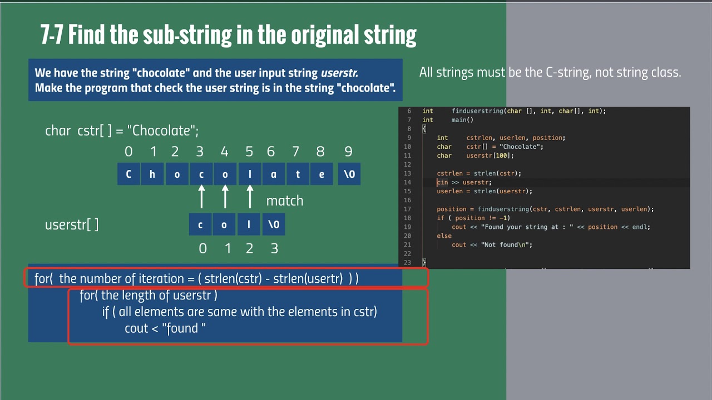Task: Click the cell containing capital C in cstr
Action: [128, 174]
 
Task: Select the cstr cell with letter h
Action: [152, 174]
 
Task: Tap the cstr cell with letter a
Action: [273, 174]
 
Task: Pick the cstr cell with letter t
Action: [298, 174]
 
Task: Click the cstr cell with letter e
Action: [322, 174]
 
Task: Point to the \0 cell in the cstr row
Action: [349, 174]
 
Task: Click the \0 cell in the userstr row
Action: [274, 224]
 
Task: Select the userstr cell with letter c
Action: [200, 224]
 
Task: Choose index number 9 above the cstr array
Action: [348, 152]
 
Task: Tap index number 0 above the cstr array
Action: [129, 152]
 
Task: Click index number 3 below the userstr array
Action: [274, 248]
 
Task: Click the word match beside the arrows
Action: [284, 201]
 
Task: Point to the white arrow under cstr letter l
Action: [250, 197]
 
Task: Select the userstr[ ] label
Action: [72, 225]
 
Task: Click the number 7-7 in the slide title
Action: [51, 35]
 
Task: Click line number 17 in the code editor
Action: [407, 209]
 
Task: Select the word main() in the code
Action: [462, 120]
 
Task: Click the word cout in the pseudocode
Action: [136, 328]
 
